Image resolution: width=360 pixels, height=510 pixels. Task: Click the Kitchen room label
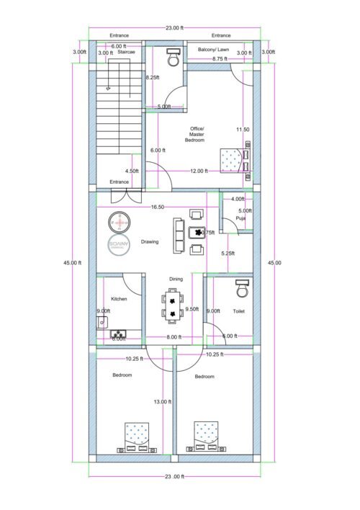pyautogui.click(x=119, y=298)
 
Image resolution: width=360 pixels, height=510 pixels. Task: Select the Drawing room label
pyautogui.click(x=150, y=242)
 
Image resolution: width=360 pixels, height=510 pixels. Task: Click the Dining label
pyautogui.click(x=176, y=278)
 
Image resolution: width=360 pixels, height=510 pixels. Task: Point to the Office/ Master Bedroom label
pyautogui.click(x=197, y=135)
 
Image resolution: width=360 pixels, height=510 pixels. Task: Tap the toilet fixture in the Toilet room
pyautogui.click(x=240, y=289)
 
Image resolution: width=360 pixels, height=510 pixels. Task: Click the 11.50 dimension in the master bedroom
pyautogui.click(x=243, y=130)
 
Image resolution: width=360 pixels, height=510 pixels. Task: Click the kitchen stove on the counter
pyautogui.click(x=118, y=334)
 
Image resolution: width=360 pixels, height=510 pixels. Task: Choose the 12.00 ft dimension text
pyautogui.click(x=199, y=171)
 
